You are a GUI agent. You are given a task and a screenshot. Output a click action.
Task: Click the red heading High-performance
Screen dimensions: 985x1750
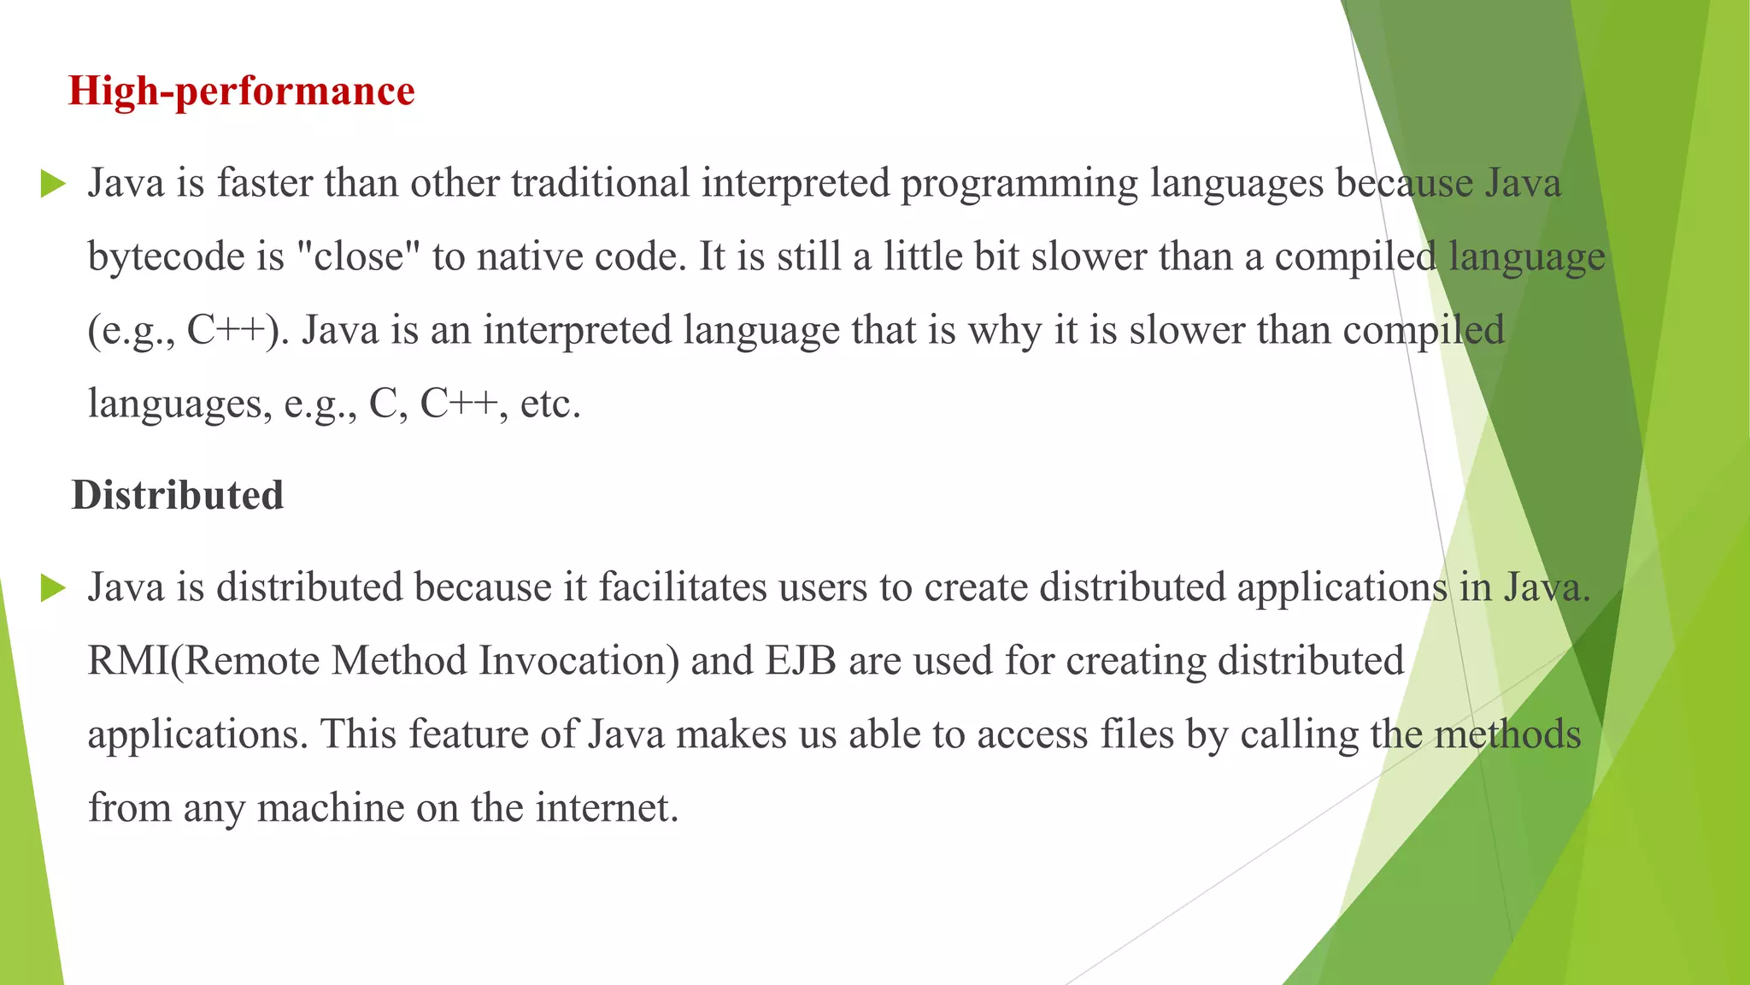242,91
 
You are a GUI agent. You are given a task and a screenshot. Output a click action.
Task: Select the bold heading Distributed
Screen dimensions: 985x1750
178,495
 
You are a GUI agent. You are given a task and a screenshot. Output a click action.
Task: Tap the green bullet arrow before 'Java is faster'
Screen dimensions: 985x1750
53,184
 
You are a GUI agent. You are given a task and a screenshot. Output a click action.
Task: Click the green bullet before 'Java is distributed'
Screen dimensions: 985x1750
53,588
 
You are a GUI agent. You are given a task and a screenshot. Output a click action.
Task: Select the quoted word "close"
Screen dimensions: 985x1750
359,257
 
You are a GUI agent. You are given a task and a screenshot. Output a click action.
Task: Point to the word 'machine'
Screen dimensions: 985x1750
331,808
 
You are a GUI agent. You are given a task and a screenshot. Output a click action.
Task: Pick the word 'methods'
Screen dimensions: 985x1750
1507,734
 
